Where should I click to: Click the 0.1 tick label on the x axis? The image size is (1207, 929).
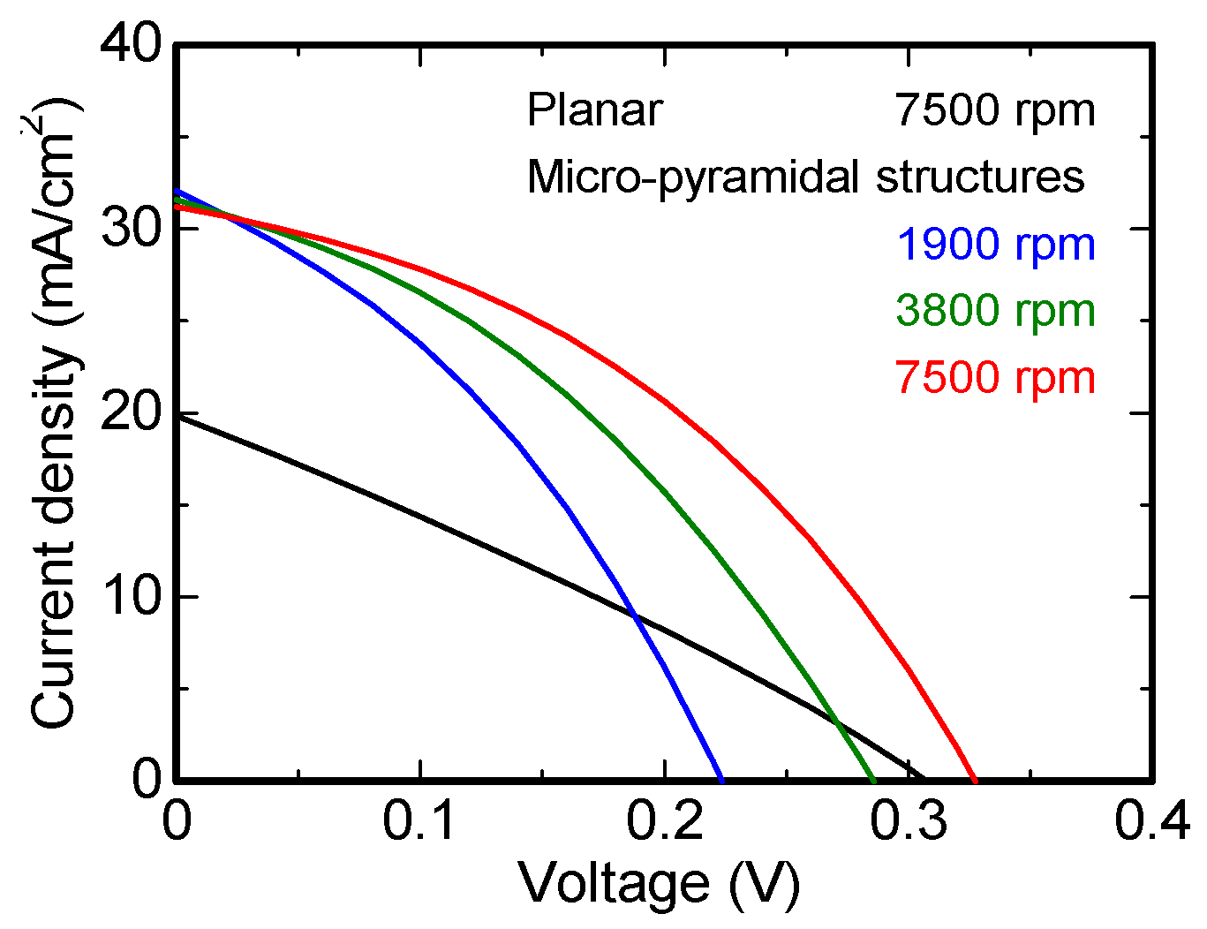click(x=420, y=821)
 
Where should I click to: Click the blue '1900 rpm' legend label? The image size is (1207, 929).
click(x=995, y=245)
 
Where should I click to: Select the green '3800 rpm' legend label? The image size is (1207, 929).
click(x=995, y=311)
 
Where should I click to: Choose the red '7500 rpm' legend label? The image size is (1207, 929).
click(x=995, y=377)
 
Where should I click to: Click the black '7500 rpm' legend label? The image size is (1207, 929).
click(x=995, y=111)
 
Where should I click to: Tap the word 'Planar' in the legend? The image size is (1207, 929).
click(x=594, y=111)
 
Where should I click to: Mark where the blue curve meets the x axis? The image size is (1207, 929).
click(x=722, y=780)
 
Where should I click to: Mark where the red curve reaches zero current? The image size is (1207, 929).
click(x=975, y=780)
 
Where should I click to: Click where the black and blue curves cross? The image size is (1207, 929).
click(x=633, y=616)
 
